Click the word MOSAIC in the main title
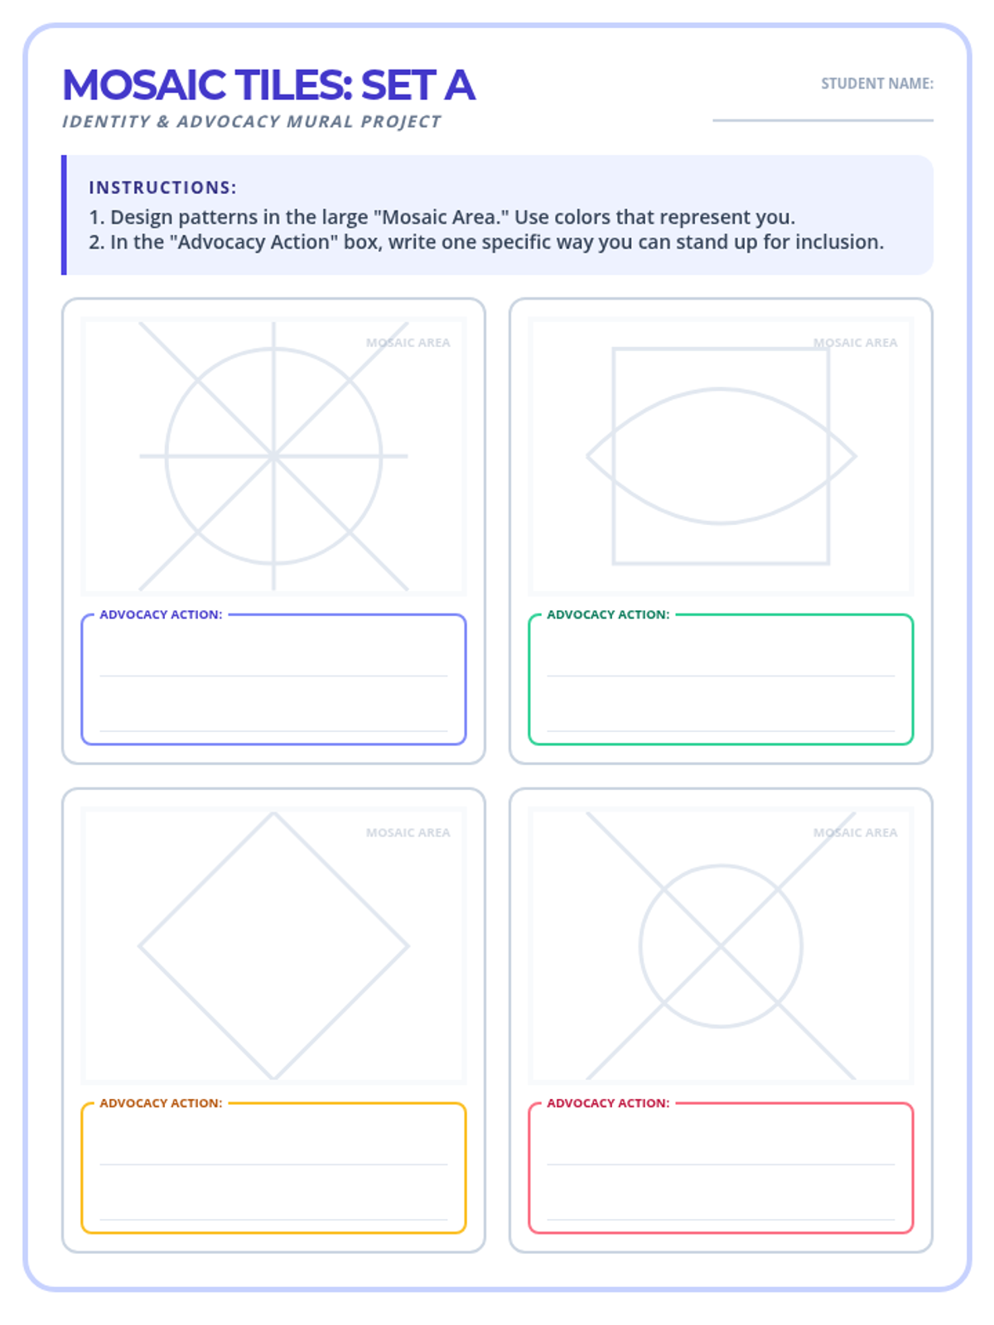pyautogui.click(x=144, y=85)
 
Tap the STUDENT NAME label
pyautogui.click(x=876, y=84)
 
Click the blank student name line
pyautogui.click(x=823, y=120)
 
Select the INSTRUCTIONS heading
pyautogui.click(x=162, y=188)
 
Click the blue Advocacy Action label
pyautogui.click(x=162, y=614)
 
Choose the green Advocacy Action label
pyautogui.click(x=608, y=614)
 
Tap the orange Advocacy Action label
pyautogui.click(x=162, y=1103)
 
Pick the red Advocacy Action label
pyautogui.click(x=608, y=1103)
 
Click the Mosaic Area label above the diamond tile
pyautogui.click(x=408, y=833)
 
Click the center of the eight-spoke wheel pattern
pyautogui.click(x=273, y=456)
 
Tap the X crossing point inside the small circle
pyautogui.click(x=721, y=946)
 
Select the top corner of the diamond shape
pyautogui.click(x=273, y=813)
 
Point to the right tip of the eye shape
pyautogui.click(x=855, y=456)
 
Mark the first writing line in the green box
pyautogui.click(x=721, y=676)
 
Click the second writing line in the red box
pyautogui.click(x=721, y=1219)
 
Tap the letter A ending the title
pyautogui.click(x=460, y=85)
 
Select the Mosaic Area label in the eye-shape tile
pyautogui.click(x=855, y=343)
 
